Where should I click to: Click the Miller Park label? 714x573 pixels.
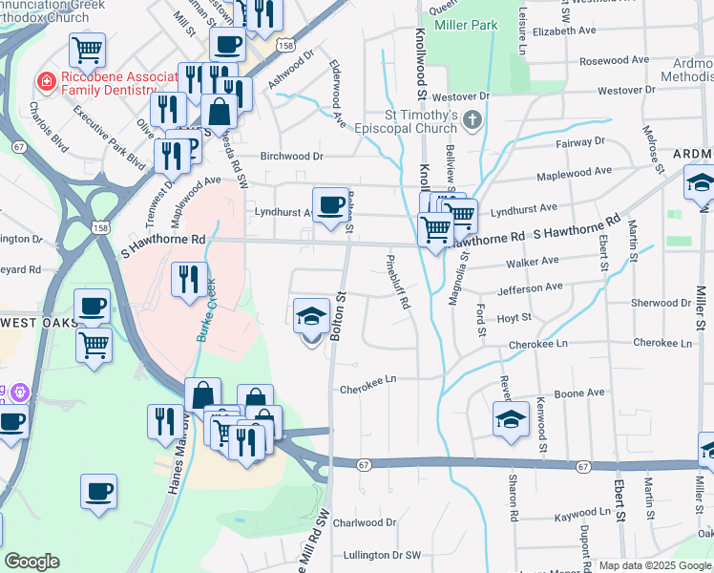(466, 25)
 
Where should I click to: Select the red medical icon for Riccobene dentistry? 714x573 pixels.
(43, 83)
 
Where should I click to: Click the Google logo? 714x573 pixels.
(31, 562)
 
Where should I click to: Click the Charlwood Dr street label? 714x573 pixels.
(364, 522)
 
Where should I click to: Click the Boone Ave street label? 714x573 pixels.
(581, 393)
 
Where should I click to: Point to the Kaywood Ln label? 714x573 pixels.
(581, 514)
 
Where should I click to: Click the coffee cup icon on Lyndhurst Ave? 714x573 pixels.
(331, 203)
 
